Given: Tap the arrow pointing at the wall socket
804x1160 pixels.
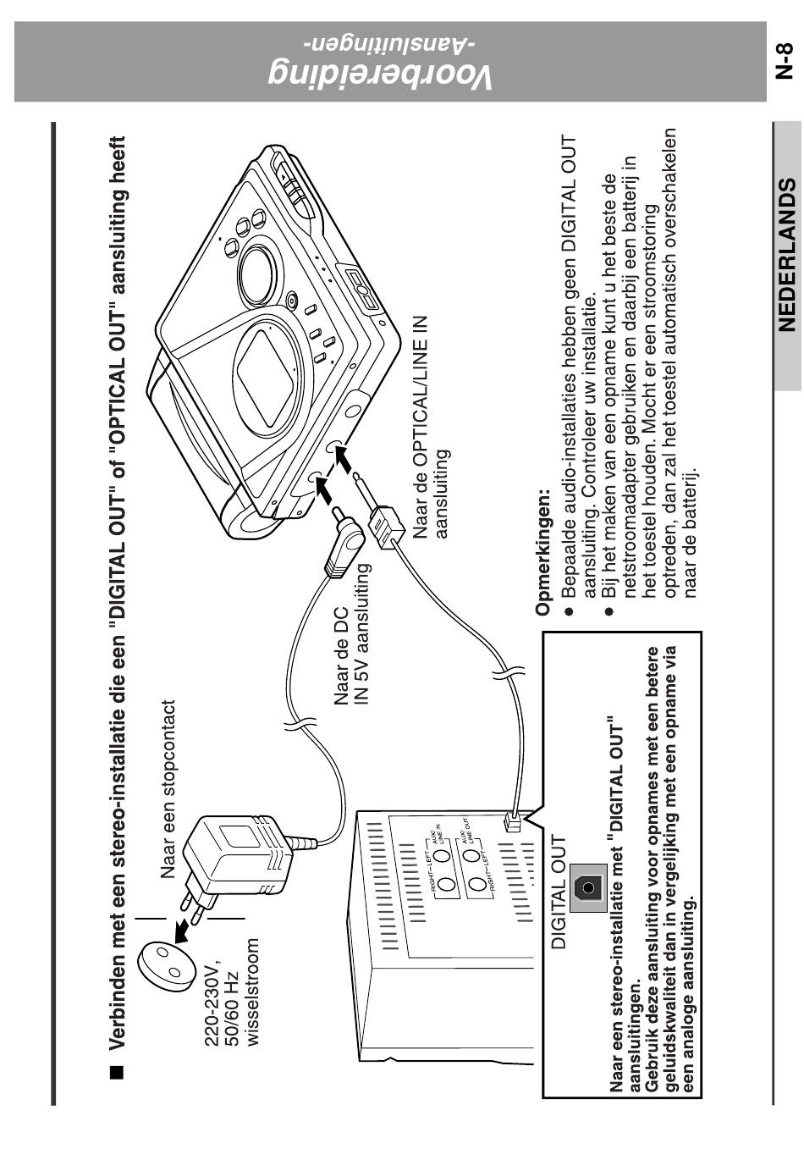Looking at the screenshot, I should coord(181,932).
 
